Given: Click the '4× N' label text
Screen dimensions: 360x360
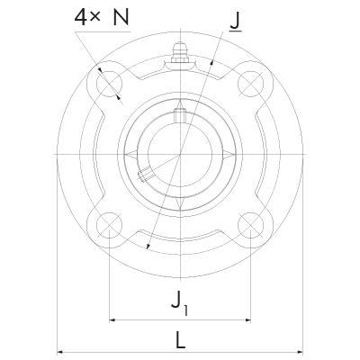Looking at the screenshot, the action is [x=102, y=17].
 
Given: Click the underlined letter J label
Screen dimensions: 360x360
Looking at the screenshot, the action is [x=236, y=22].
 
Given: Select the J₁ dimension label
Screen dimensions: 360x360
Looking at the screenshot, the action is [x=180, y=303].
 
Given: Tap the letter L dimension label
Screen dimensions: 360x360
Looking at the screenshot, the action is [x=180, y=339].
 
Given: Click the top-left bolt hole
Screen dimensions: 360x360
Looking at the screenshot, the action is [x=110, y=85].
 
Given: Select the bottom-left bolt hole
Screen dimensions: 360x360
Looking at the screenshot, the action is [x=110, y=225].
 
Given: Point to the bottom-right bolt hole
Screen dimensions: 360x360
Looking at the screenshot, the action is [x=250, y=225].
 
